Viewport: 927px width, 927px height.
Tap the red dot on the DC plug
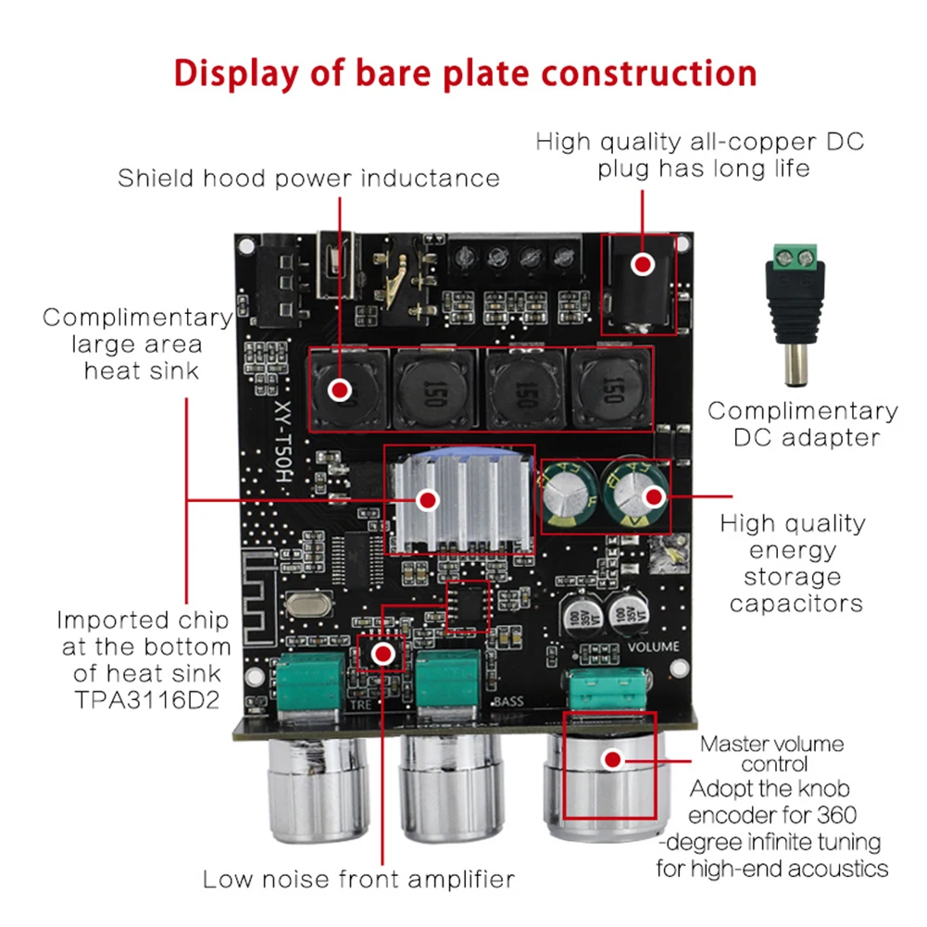tap(642, 264)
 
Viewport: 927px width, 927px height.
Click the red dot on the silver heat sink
tap(428, 501)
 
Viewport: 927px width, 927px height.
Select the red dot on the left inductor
tap(340, 390)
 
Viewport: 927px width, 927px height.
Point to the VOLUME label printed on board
tap(653, 646)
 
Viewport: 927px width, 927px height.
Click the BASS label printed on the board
tap(508, 701)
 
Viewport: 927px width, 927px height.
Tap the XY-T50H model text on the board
tap(283, 441)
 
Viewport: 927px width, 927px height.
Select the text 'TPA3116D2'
tap(147, 700)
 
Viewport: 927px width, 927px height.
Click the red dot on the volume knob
tap(612, 759)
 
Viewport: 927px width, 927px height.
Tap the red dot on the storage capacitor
tap(654, 496)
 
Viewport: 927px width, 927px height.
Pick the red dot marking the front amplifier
tap(383, 653)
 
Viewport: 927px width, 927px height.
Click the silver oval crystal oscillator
tap(307, 604)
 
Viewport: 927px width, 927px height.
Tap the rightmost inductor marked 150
tap(611, 388)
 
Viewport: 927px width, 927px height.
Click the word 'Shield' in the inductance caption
tap(156, 178)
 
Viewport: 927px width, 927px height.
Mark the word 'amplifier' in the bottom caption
tap(460, 880)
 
